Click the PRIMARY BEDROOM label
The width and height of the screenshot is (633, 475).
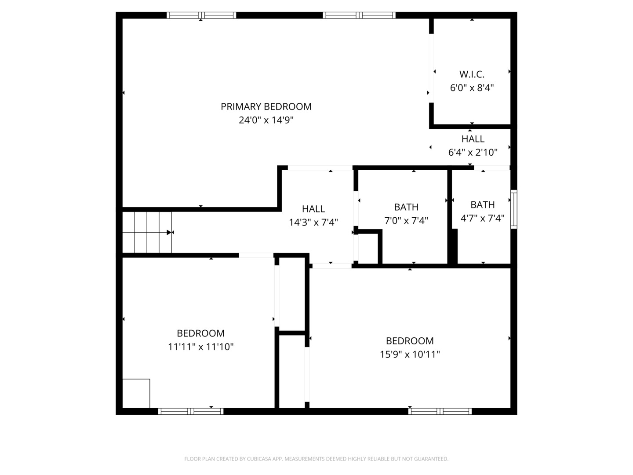point(266,106)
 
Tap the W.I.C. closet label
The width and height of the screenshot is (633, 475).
point(472,74)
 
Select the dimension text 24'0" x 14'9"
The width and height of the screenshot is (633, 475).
point(266,120)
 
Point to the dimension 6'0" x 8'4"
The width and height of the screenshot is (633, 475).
point(472,88)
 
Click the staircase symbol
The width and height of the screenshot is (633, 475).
point(147,232)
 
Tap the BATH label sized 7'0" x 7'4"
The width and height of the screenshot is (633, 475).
point(406,207)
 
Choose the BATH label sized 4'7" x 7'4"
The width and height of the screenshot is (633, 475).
point(483,205)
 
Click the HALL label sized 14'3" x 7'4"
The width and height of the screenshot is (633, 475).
point(313,209)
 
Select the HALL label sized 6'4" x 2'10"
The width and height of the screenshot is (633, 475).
point(473,139)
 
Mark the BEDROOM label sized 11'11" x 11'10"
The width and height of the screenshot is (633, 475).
point(200,333)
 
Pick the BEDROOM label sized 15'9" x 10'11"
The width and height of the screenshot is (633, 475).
point(410,341)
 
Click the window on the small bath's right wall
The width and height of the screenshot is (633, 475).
point(513,209)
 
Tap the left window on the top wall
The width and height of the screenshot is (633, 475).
point(201,15)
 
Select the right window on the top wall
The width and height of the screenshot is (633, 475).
point(359,15)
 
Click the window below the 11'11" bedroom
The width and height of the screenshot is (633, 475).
point(191,412)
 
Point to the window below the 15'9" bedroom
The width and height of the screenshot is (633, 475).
point(440,412)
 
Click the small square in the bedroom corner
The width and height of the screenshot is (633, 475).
point(136,393)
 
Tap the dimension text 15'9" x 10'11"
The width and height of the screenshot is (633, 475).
point(410,354)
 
